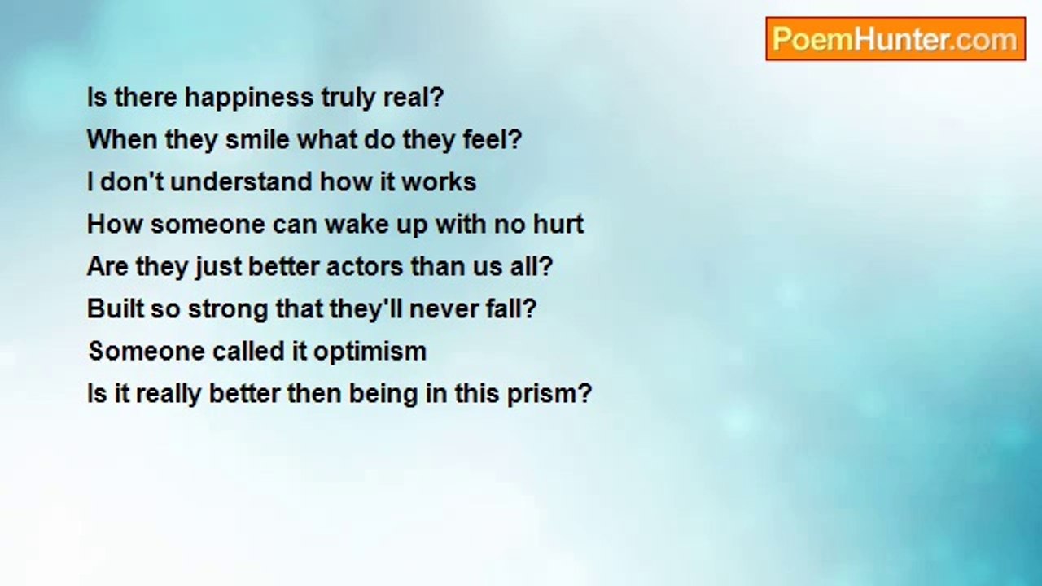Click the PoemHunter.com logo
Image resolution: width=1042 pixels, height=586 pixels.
(x=895, y=39)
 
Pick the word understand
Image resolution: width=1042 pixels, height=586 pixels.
(x=241, y=181)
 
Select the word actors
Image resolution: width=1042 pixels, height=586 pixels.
(x=365, y=266)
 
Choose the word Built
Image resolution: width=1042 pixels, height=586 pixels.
(x=116, y=308)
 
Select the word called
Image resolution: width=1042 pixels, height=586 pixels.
(x=248, y=351)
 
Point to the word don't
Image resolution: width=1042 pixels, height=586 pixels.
(x=132, y=181)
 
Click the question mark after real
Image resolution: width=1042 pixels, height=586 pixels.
(x=437, y=97)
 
